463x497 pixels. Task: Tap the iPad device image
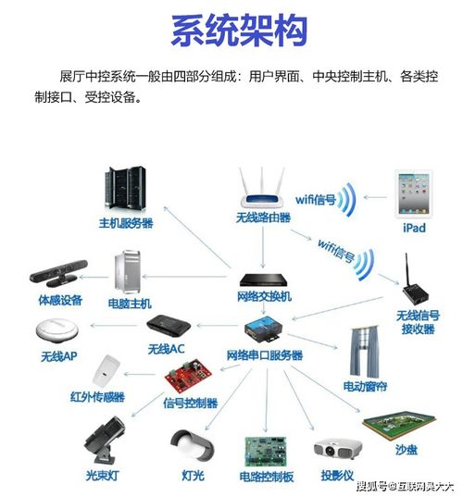click(x=413, y=194)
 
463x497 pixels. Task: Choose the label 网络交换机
click(x=264, y=297)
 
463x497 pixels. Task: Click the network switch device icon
click(x=265, y=279)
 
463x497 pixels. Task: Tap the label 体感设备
click(x=60, y=301)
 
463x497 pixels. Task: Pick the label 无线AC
click(x=167, y=349)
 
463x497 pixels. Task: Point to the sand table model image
click(x=399, y=427)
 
